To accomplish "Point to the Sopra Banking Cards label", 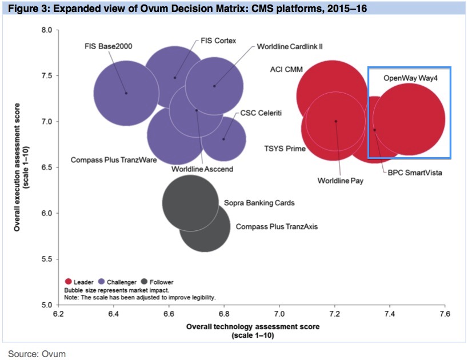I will coord(259,203).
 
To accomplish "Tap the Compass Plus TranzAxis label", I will coord(277,227).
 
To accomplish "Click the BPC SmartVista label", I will coord(414,171).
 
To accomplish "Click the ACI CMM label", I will coord(286,70).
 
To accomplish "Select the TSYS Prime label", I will coord(285,149).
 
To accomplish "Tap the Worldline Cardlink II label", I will coord(290,46).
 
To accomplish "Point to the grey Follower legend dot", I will coord(144,282).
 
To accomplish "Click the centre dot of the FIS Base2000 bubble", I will coord(126,93).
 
